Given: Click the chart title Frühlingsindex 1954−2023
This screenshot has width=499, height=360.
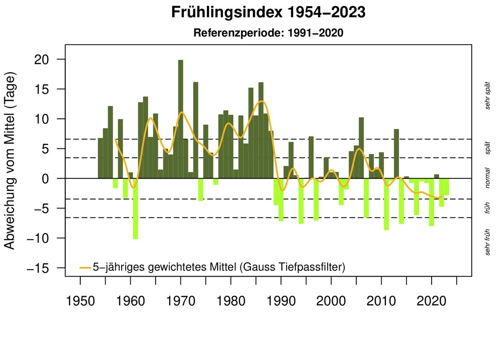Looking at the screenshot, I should pos(268,13).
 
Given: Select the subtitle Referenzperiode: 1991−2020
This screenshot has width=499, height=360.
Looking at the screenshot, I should pos(268,33).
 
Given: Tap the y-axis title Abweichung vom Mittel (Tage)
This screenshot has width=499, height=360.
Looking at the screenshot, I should pos(9,161).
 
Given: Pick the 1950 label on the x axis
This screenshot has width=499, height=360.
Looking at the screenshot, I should pos(80,301).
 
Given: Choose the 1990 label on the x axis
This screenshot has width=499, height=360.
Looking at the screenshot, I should pos(281,301).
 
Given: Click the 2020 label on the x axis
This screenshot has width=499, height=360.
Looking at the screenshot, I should pos(432,301).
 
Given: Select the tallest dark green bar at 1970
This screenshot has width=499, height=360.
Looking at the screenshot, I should pos(180,117).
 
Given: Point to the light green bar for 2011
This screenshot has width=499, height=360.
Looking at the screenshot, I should pos(386,204).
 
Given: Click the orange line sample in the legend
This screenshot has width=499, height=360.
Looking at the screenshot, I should pos(85,268).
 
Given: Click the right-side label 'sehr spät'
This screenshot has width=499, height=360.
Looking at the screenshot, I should pos(487,96).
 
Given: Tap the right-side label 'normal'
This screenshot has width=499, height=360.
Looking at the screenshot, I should pos(487,178).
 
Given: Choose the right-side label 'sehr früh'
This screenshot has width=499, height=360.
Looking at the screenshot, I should pos(487,242).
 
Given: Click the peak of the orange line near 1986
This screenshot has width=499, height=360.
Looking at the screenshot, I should pos(261,101).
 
